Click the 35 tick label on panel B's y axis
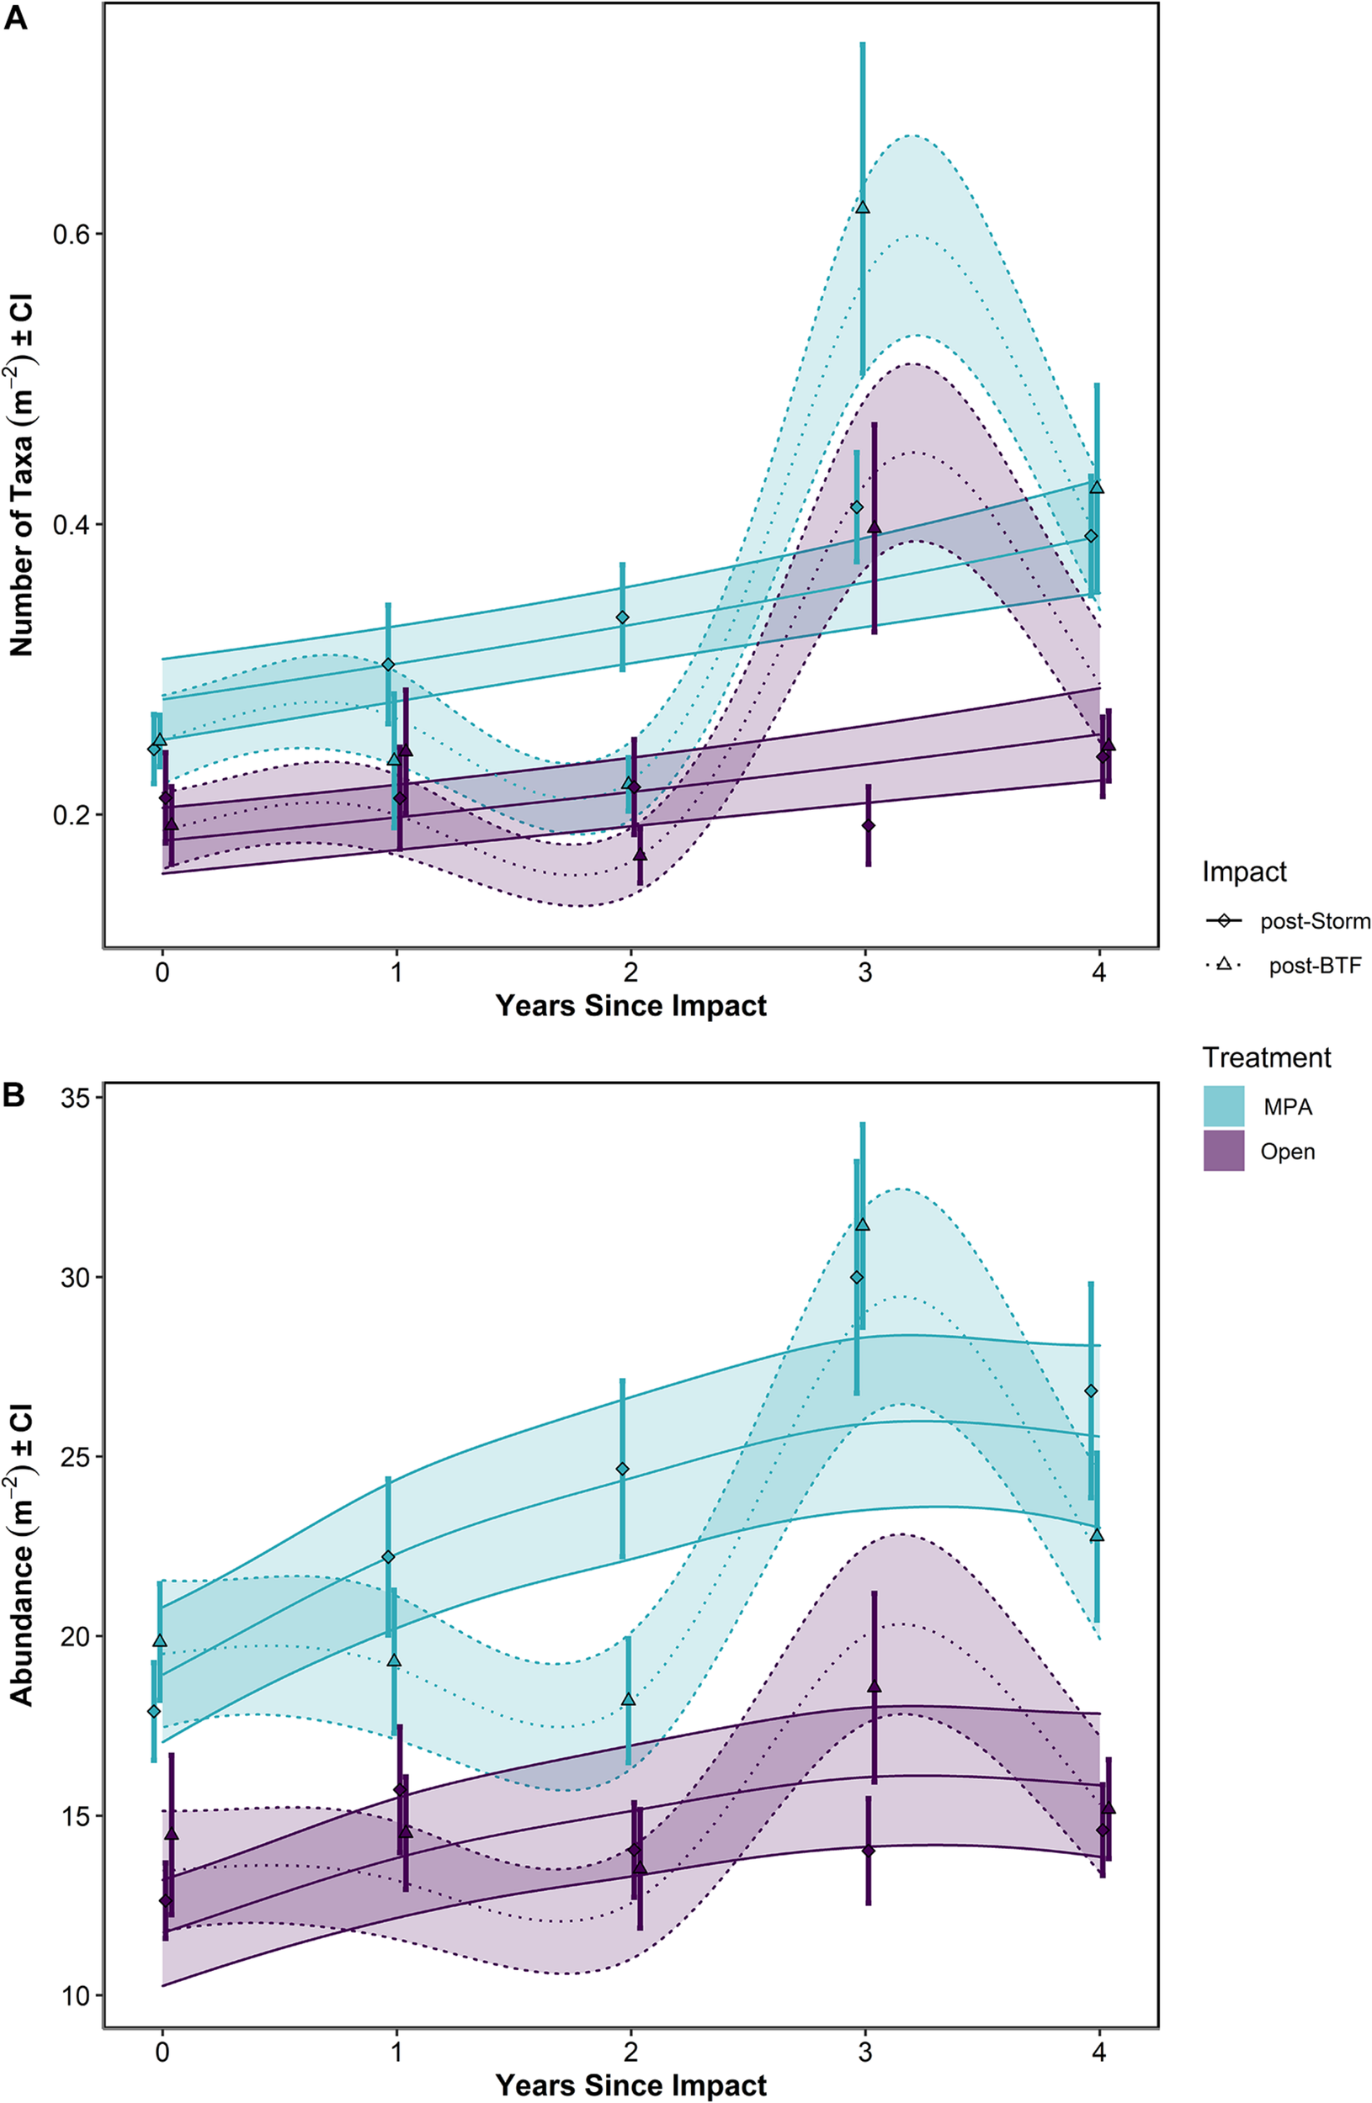click(x=76, y=1099)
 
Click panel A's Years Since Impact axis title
click(x=630, y=1005)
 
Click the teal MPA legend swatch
click(x=1224, y=1106)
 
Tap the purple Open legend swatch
click(x=1224, y=1152)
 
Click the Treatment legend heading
click(x=1266, y=1057)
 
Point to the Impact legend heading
click(x=1244, y=872)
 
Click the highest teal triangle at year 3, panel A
click(x=863, y=208)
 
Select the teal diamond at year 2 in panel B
click(x=622, y=1469)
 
